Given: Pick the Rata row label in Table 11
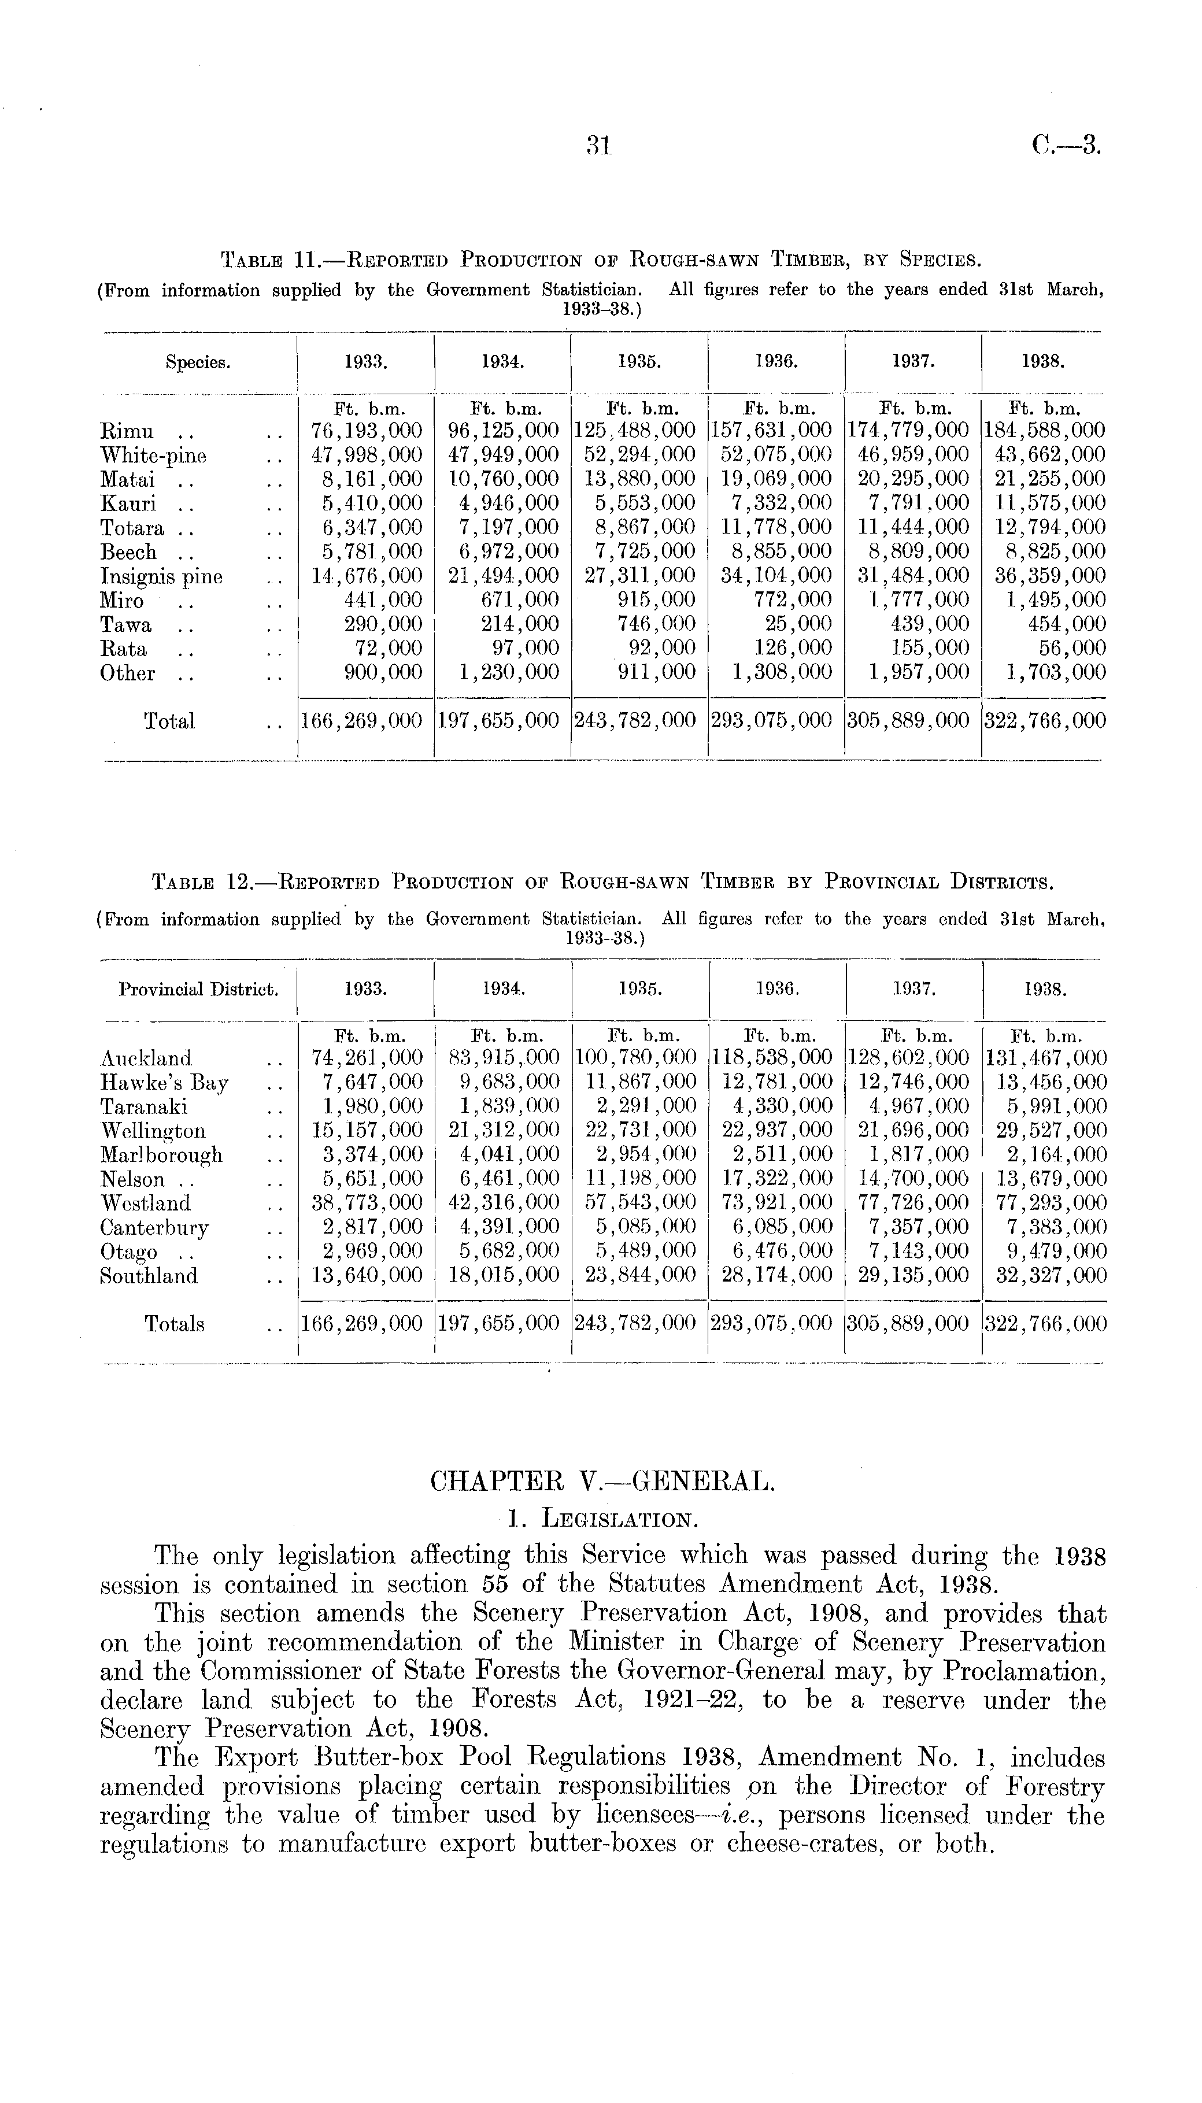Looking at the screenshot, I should (x=122, y=649).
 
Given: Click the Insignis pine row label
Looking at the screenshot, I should (x=161, y=576).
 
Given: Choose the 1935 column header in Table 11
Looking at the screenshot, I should (x=638, y=361).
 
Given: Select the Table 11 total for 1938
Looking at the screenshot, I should (x=1044, y=721).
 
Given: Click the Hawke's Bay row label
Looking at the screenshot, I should (x=164, y=1083).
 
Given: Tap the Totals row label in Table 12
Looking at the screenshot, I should (x=173, y=1324).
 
